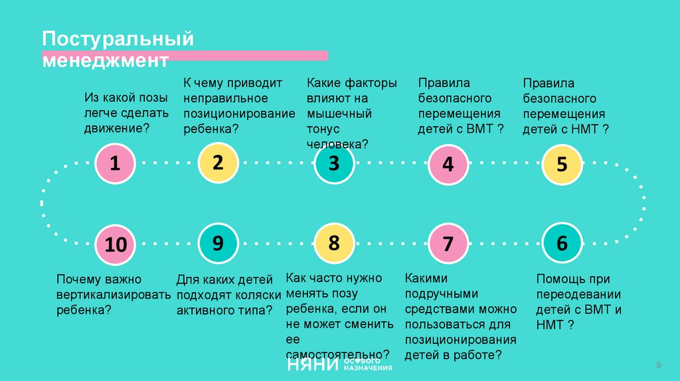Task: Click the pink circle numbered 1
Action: pyautogui.click(x=115, y=163)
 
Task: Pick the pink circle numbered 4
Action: pyautogui.click(x=448, y=163)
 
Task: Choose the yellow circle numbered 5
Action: pyautogui.click(x=562, y=163)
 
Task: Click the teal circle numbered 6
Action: pyautogui.click(x=562, y=244)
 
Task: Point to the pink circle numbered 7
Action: pyautogui.click(x=448, y=244)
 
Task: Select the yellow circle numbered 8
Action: pyautogui.click(x=334, y=244)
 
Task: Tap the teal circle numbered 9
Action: pyautogui.click(x=218, y=244)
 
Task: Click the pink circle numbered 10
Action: pyautogui.click(x=115, y=244)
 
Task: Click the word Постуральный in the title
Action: pyautogui.click(x=118, y=39)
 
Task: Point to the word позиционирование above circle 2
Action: pyautogui.click(x=239, y=113)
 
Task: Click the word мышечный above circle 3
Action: pyautogui.click(x=339, y=113)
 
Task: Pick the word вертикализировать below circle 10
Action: pyautogui.click(x=113, y=295)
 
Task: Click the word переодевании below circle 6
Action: pyautogui.click(x=578, y=295)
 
